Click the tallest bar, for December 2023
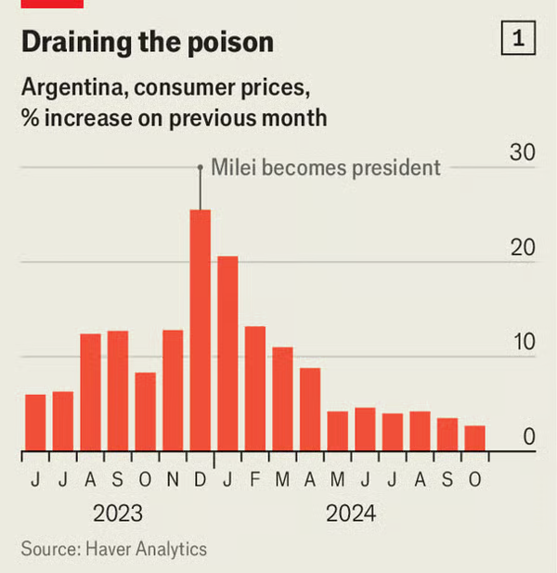coord(201,331)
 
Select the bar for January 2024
coord(227,354)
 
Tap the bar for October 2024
coord(474,438)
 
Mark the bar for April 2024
coord(310,410)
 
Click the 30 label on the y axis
coord(523,153)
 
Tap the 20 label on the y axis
coord(523,248)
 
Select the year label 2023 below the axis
coord(117,514)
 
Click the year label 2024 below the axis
coord(351,514)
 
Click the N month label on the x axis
coord(172,479)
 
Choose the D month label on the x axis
coord(200,479)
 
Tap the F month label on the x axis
coord(255,479)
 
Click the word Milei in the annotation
coord(232,168)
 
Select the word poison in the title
coord(228,42)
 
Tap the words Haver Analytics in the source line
coord(147,549)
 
